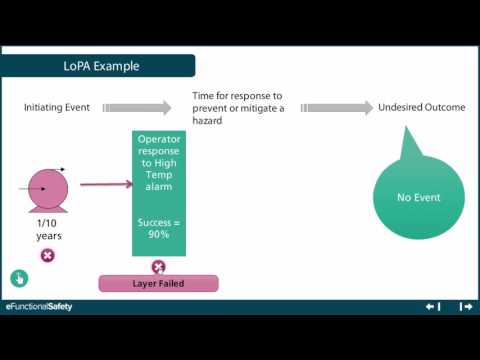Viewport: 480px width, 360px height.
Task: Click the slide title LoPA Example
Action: point(94,67)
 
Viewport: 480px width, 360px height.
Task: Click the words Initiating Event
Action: point(59,107)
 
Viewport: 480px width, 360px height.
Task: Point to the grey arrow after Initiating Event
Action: point(139,107)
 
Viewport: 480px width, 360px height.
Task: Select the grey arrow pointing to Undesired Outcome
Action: point(334,107)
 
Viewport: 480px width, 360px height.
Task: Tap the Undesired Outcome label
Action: point(422,107)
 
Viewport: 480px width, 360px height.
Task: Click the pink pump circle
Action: point(47,187)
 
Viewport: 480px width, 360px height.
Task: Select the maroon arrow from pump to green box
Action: point(106,184)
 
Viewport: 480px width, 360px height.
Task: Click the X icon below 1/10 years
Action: point(47,256)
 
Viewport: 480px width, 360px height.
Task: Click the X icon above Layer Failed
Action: point(158,267)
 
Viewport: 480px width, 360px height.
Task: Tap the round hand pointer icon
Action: point(18,278)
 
